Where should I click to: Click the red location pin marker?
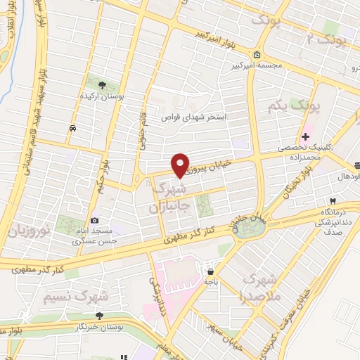click(x=181, y=165)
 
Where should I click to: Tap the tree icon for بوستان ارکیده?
click(x=103, y=85)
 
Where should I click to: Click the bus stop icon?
click(x=73, y=128)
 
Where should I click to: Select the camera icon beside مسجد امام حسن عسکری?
click(x=95, y=221)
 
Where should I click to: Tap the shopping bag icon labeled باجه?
click(x=210, y=271)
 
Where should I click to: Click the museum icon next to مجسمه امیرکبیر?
click(x=257, y=55)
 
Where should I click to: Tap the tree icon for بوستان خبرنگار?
click(x=100, y=316)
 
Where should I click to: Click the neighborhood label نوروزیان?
click(x=27, y=230)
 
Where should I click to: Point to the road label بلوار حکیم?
click(x=104, y=176)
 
